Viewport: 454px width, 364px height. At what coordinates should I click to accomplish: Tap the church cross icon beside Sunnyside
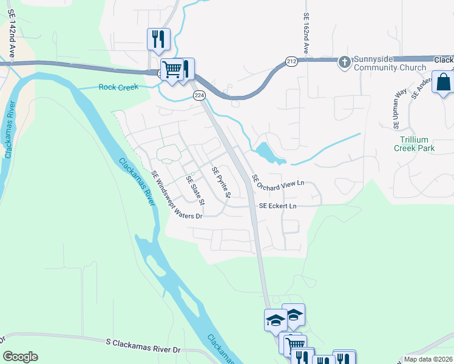pyautogui.click(x=345, y=61)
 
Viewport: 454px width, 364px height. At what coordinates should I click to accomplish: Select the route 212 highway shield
pyautogui.click(x=291, y=61)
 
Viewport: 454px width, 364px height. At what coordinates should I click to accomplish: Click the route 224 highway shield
pyautogui.click(x=198, y=96)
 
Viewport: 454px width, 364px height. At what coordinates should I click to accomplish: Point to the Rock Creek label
pyautogui.click(x=118, y=87)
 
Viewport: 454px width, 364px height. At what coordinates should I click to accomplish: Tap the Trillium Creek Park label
pyautogui.click(x=415, y=143)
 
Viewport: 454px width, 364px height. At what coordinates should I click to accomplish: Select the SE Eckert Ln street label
pyautogui.click(x=277, y=206)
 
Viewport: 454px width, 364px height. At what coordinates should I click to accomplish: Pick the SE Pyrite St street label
pyautogui.click(x=221, y=183)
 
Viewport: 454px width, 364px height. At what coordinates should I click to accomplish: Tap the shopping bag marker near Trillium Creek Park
pyautogui.click(x=443, y=82)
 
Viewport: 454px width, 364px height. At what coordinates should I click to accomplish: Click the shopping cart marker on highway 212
pyautogui.click(x=172, y=69)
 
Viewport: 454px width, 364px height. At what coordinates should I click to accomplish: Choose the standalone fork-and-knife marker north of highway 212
pyautogui.click(x=158, y=39)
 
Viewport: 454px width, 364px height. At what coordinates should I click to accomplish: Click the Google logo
pyautogui.click(x=20, y=357)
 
